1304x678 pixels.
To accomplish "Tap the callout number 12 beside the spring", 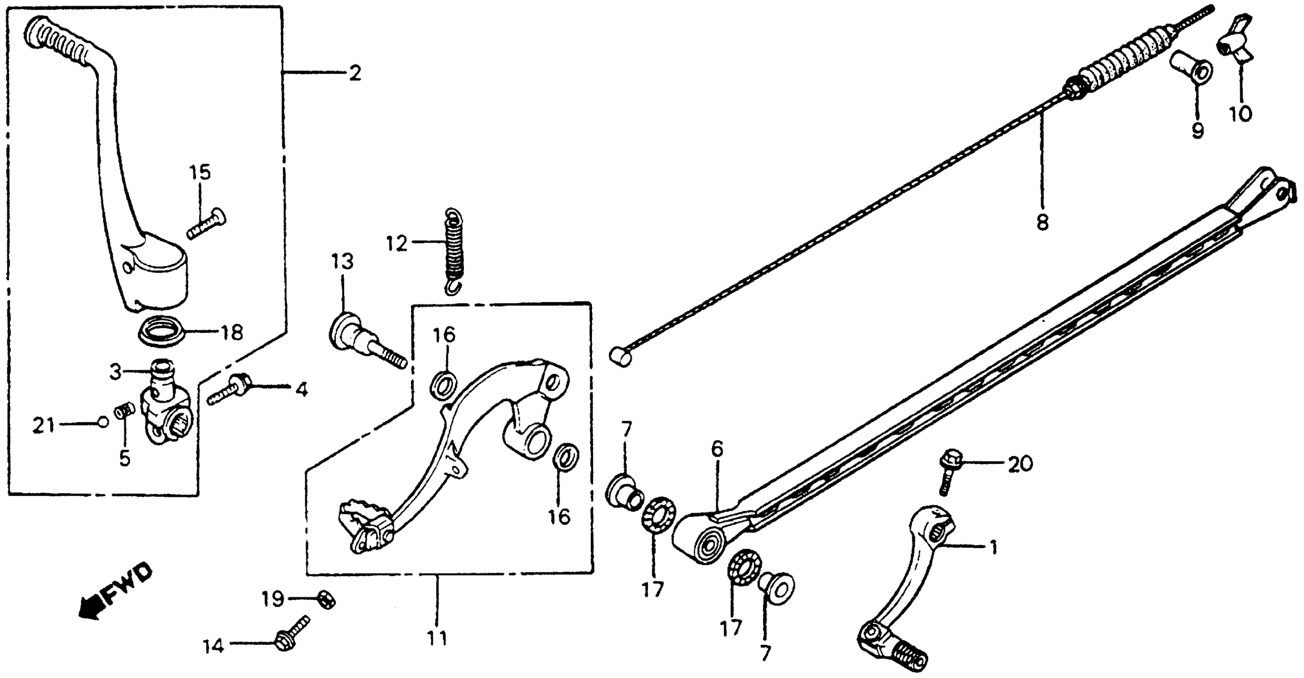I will (397, 244).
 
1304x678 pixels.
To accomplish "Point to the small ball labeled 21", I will (103, 422).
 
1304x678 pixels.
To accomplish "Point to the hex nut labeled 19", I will (326, 600).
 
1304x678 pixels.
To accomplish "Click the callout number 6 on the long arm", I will (717, 449).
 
